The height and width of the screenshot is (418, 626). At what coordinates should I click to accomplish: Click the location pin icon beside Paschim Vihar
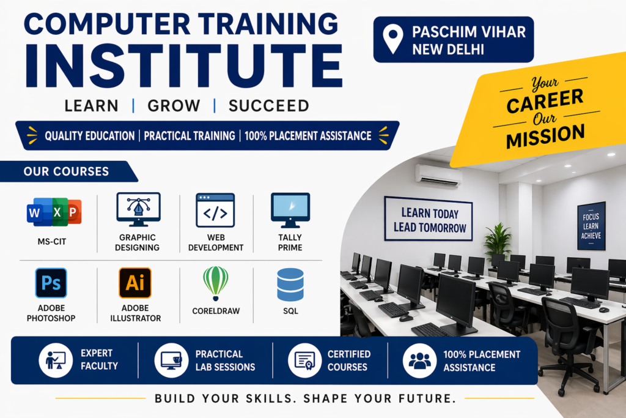coord(393,39)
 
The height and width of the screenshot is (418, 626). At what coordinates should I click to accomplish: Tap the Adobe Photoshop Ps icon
coord(51,283)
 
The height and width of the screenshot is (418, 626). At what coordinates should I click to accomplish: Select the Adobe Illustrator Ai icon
coord(135,283)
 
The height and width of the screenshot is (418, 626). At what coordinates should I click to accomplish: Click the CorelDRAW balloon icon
coord(216,283)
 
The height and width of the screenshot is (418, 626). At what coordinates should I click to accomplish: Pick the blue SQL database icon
coord(290,285)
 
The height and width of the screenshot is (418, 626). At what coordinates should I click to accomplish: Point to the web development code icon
coord(215,210)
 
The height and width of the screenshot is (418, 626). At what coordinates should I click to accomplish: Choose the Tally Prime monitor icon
coord(290,210)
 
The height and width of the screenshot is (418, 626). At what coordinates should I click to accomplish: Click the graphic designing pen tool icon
coord(139,209)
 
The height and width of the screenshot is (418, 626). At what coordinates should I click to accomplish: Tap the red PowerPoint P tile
coord(73,212)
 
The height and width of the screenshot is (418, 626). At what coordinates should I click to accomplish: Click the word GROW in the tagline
coord(174,106)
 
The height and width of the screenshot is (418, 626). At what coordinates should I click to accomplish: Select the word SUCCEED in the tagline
coord(269,106)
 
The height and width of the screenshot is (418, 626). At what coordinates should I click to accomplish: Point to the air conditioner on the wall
coord(438,176)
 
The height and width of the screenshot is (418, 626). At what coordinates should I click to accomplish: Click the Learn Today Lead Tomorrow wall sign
coord(429,219)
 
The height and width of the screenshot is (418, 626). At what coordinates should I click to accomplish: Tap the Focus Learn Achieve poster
coord(591,226)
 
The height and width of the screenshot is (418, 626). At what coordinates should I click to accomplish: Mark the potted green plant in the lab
coord(498,240)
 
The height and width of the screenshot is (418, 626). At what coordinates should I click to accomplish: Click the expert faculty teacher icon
coord(56,360)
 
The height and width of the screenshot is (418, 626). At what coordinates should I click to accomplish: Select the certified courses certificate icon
coord(304,360)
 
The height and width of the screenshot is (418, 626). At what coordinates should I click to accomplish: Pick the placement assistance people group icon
coord(419,360)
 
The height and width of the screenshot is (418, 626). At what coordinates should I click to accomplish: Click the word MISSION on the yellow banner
coord(545,136)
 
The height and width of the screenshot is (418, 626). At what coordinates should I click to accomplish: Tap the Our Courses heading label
coord(66,171)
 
